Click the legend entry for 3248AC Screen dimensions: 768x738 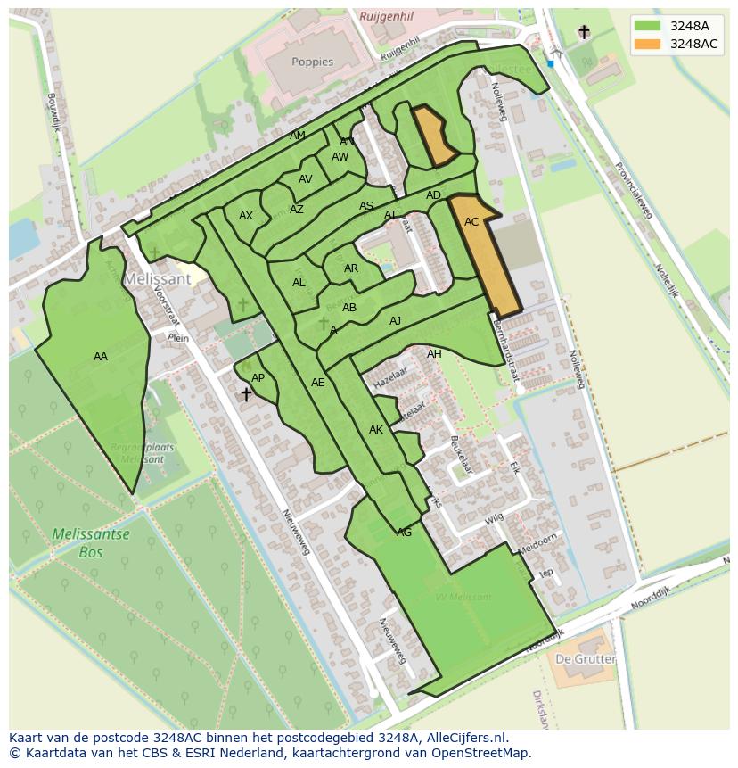tap(694, 44)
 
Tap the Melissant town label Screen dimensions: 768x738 tap(157, 278)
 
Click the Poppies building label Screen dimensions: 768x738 tap(312, 62)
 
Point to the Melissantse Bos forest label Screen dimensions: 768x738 tap(90, 543)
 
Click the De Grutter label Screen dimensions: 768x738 tap(585, 659)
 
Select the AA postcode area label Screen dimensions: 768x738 tap(101, 357)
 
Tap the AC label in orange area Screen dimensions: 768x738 tap(471, 222)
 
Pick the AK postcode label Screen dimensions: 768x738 tap(375, 430)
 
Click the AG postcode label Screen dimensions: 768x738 tap(404, 533)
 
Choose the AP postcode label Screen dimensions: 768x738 tap(258, 378)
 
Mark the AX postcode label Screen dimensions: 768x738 tap(246, 216)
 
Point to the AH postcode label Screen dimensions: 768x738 tap(434, 354)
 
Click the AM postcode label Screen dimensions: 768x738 tap(298, 136)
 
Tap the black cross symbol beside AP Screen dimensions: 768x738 tap(246, 393)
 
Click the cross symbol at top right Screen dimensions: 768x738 tap(584, 32)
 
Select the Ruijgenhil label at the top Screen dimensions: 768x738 tap(386, 16)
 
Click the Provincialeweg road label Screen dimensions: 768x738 tap(630, 188)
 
